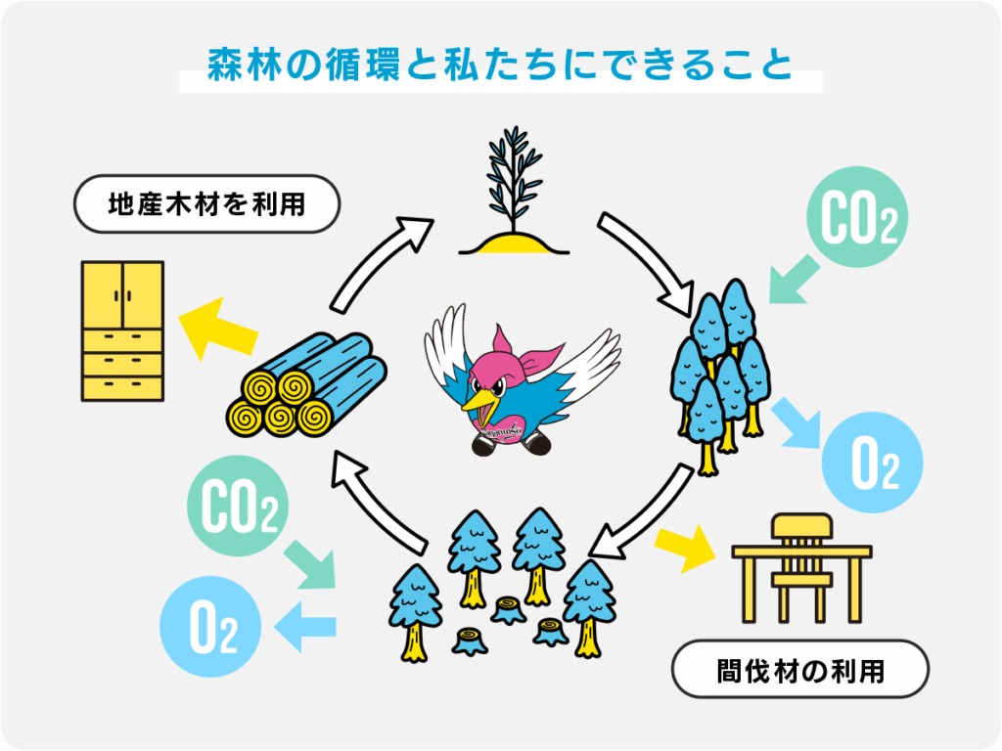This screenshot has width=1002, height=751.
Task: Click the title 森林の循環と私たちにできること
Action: [500, 66]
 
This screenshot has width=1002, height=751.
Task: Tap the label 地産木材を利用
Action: [206, 205]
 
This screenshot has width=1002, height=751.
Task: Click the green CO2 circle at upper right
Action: [858, 224]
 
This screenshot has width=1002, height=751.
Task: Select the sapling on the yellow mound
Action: [515, 200]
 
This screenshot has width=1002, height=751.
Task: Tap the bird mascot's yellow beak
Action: [480, 399]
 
